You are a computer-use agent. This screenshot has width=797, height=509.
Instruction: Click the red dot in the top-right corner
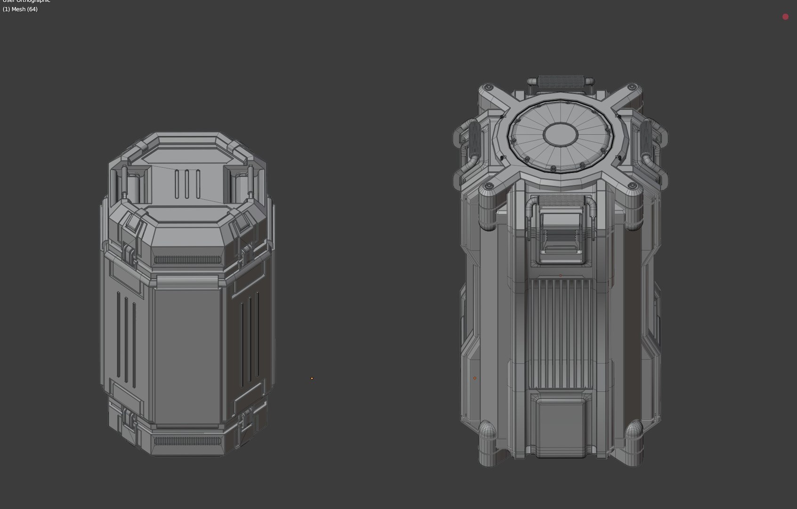(785, 17)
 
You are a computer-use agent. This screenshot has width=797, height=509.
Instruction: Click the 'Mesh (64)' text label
(20, 9)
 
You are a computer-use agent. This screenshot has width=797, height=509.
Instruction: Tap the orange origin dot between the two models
(312, 378)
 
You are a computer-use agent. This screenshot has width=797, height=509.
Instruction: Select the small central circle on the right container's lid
(561, 134)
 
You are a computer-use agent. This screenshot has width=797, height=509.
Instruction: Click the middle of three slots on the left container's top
(187, 184)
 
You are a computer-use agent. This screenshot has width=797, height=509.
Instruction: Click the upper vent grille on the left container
(187, 260)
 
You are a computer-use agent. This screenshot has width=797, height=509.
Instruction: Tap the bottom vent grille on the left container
(187, 441)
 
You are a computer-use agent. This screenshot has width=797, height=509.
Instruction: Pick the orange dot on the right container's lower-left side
(475, 378)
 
